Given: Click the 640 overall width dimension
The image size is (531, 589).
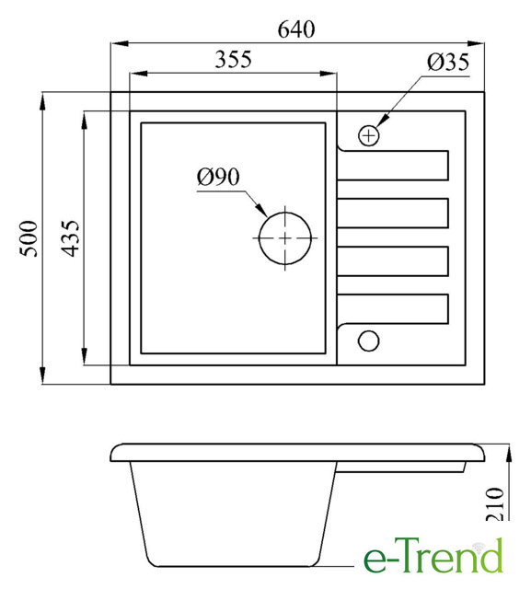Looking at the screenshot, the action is [296, 29].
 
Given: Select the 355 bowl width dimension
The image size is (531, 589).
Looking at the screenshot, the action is [233, 59].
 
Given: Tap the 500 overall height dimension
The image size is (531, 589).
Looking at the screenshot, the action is [29, 238].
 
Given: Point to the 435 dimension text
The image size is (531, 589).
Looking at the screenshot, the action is [70, 238].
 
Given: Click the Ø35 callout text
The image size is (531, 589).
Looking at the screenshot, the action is [448, 62].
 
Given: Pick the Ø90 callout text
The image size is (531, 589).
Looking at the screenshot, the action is [218, 177].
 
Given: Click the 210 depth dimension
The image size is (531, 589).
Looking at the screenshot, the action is [494, 504].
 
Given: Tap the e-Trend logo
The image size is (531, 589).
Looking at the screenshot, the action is [433, 555].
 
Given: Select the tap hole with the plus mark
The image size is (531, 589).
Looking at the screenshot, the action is [369, 135].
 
